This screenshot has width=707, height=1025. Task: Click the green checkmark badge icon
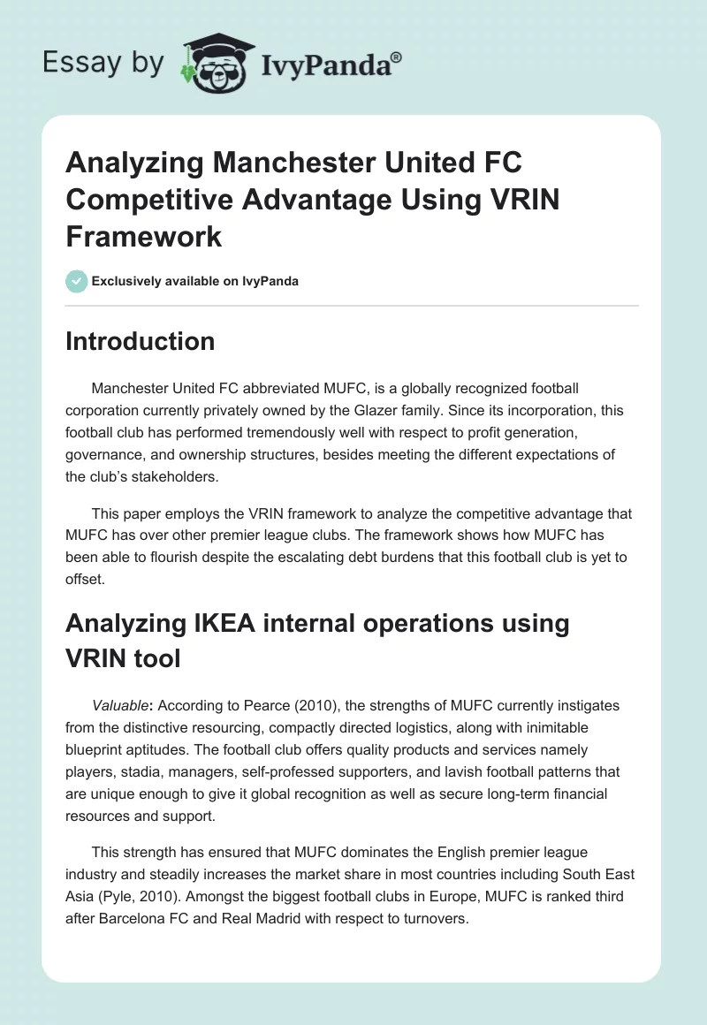click(x=76, y=281)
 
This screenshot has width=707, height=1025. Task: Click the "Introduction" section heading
click(x=140, y=342)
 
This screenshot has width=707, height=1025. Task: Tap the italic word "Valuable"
click(x=121, y=706)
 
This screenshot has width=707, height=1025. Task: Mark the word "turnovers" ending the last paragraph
click(x=433, y=918)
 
